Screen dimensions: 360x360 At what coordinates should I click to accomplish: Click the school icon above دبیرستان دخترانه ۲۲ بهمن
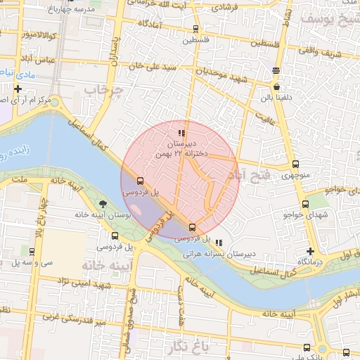pos(181,132)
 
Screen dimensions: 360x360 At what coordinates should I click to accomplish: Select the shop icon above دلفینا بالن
pos(276,70)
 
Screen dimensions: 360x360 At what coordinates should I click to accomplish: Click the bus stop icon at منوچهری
pos(295,165)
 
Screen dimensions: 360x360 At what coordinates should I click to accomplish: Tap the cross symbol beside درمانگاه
pos(310,251)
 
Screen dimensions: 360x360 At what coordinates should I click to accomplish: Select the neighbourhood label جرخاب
pos(103,91)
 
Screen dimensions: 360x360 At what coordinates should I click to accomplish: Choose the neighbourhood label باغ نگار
pos(191,345)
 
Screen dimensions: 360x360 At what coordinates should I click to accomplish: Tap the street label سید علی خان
pos(150,66)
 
